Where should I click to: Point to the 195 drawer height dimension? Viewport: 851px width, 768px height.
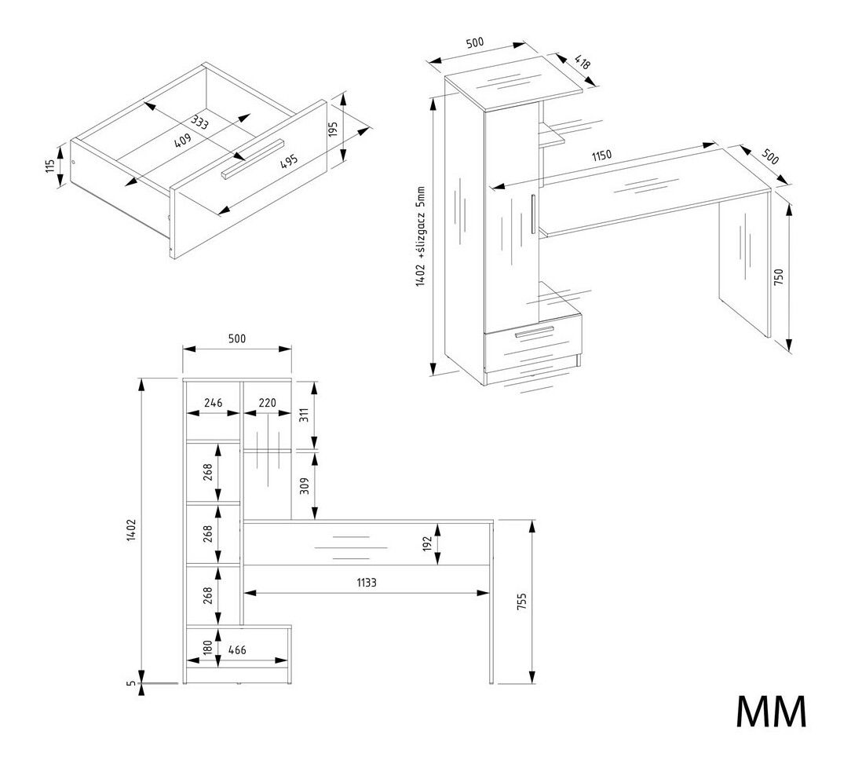(332, 130)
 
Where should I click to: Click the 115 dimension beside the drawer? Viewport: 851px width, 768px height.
(51, 166)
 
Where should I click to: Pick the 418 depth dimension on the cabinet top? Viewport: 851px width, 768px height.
(583, 62)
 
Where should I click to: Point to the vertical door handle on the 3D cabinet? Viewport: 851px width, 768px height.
(533, 213)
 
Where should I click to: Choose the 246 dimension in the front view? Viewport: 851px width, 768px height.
(213, 403)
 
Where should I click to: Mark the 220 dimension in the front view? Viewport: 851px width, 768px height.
(267, 403)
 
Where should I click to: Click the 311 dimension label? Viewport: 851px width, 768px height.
(305, 415)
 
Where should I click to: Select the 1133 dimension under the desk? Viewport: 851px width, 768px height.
(367, 582)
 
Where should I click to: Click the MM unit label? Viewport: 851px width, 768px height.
(771, 711)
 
